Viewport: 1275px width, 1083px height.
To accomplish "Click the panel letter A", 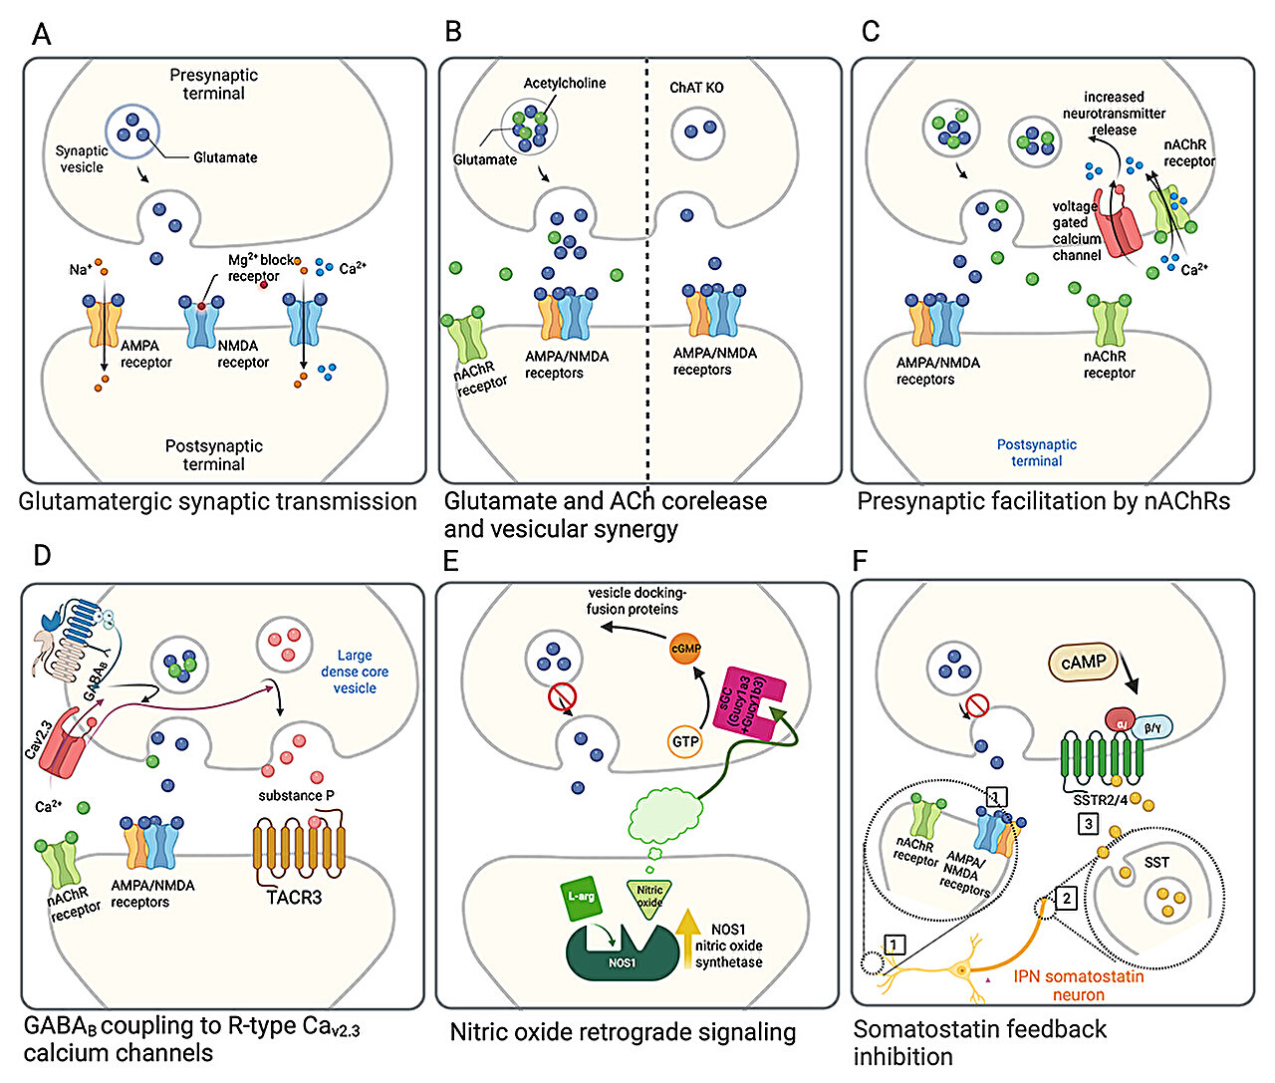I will pyautogui.click(x=41, y=35).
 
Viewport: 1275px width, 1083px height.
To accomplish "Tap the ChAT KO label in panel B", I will pyautogui.click(x=696, y=88).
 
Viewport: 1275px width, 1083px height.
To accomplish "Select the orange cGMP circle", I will pyautogui.click(x=685, y=649).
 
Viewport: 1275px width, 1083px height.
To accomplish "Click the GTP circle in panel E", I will pyautogui.click(x=685, y=741).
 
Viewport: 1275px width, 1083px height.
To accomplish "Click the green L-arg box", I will pyautogui.click(x=581, y=897).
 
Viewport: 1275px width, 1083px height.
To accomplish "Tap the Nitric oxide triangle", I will pyautogui.click(x=648, y=895).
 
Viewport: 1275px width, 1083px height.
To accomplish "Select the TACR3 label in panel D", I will pyautogui.click(x=294, y=897).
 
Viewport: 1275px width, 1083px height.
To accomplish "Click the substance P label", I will pyautogui.click(x=296, y=795).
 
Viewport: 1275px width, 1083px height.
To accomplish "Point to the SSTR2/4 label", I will pyautogui.click(x=1101, y=799).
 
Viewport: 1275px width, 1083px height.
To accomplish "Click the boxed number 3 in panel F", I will pyautogui.click(x=1089, y=824).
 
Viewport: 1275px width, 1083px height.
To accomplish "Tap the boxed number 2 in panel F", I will pyautogui.click(x=1066, y=898).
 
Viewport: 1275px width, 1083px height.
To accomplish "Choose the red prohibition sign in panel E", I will pyautogui.click(x=562, y=696).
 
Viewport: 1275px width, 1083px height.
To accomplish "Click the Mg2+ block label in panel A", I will pyautogui.click(x=262, y=260).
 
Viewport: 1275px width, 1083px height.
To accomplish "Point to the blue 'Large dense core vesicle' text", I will pyautogui.click(x=355, y=672).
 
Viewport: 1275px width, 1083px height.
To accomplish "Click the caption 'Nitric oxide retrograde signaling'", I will pyautogui.click(x=623, y=1032).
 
